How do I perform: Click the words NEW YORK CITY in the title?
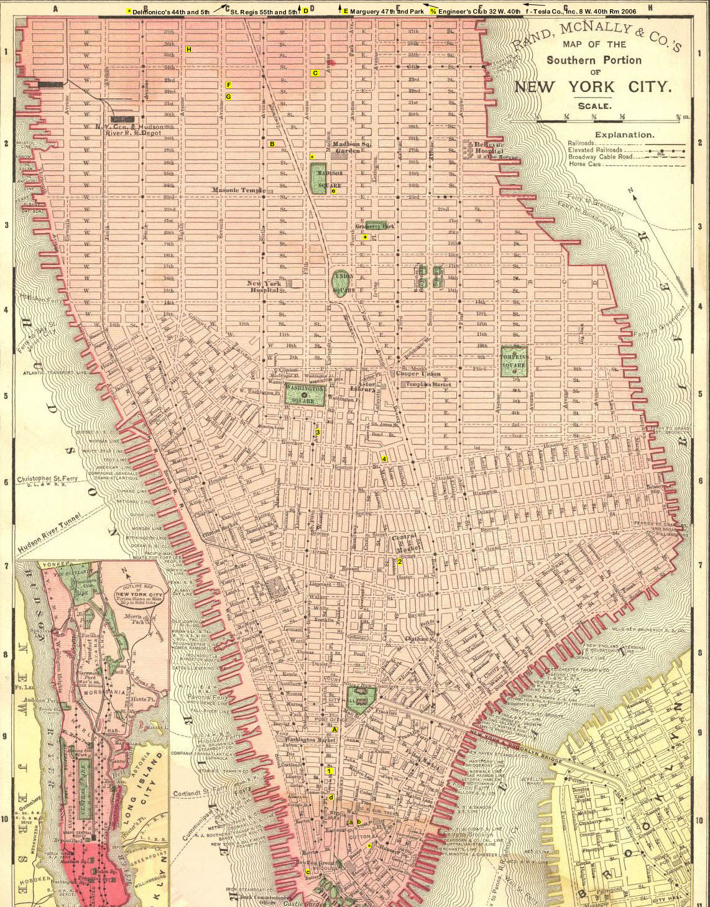click(592, 86)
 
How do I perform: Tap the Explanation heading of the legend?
click(624, 134)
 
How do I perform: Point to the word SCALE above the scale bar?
click(594, 106)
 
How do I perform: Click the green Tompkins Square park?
click(514, 361)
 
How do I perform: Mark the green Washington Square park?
click(305, 394)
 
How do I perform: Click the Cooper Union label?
click(418, 374)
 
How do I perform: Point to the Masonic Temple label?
click(238, 190)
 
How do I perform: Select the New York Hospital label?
click(264, 287)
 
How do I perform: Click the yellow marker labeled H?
click(189, 49)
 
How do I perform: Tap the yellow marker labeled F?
click(229, 85)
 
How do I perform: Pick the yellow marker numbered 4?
click(384, 459)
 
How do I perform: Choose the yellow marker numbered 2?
click(400, 561)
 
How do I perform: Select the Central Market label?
click(405, 542)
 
